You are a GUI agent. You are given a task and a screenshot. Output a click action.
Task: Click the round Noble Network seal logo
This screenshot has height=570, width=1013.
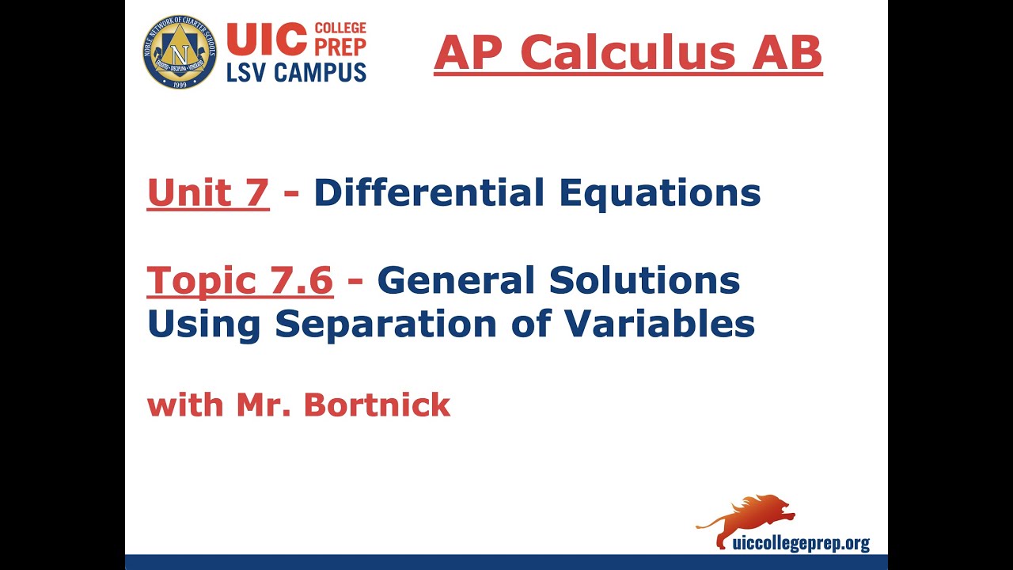pyautogui.click(x=180, y=51)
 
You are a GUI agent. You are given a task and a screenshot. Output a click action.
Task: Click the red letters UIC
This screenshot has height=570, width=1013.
pyautogui.click(x=266, y=39)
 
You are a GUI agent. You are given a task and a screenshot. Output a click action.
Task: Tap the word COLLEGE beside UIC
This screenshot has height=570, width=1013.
pyautogui.click(x=340, y=28)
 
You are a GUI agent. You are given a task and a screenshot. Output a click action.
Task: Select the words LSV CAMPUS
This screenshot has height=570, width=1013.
pyautogui.click(x=296, y=72)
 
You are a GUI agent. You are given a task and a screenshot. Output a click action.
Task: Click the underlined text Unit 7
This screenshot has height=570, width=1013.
pyautogui.click(x=208, y=192)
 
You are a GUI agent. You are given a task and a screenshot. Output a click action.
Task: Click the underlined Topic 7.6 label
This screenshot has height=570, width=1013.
pyautogui.click(x=240, y=280)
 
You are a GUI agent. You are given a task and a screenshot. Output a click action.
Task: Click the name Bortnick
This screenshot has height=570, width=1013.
pyautogui.click(x=377, y=405)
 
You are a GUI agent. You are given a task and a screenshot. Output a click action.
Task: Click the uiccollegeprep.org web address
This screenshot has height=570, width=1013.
pyautogui.click(x=801, y=544)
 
